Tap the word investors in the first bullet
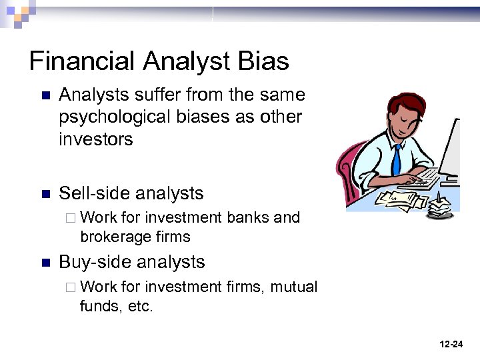point(96,139)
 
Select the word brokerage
point(114,237)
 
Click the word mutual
point(294,287)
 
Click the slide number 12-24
point(451,344)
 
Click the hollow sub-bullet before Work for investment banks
point(71,218)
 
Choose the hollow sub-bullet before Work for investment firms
point(71,287)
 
